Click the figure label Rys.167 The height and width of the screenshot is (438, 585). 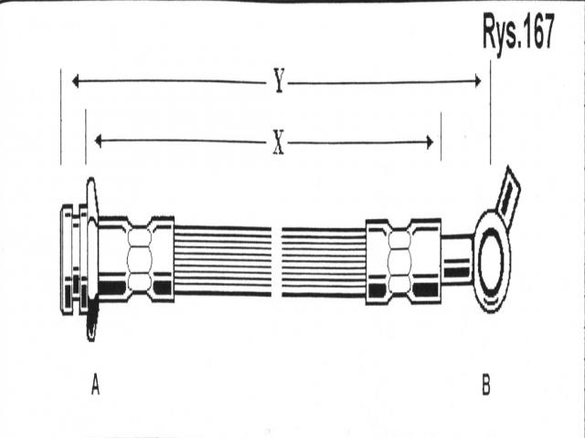(518, 35)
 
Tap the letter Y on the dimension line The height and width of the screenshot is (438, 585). (279, 82)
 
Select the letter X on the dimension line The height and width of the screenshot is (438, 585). (278, 142)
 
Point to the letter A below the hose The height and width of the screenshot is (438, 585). (95, 387)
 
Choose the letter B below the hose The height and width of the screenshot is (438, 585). (486, 387)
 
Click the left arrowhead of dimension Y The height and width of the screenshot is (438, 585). (77, 82)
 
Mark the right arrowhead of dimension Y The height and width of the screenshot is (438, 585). (475, 82)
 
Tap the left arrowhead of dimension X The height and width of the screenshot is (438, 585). (100, 141)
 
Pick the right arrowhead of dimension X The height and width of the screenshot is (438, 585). (427, 141)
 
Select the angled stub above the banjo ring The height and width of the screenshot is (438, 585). (507, 193)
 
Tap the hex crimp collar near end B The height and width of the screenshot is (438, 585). (403, 260)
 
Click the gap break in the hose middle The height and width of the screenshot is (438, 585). (276, 261)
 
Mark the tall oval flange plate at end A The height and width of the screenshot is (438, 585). (90, 260)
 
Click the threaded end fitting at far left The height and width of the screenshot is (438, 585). (69, 260)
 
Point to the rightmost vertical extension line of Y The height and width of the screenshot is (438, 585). (491, 119)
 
